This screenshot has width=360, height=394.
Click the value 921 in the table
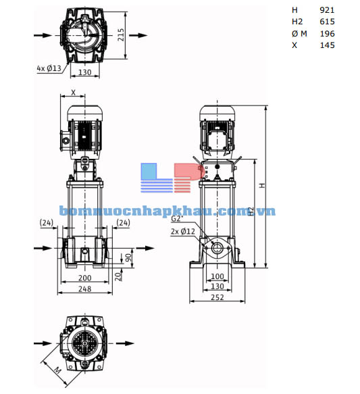tap(327, 10)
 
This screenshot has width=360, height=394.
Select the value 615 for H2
tap(327, 22)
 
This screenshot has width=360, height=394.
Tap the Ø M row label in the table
tap(299, 33)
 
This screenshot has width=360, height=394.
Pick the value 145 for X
tap(327, 45)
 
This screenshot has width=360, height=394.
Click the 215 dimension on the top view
tap(121, 34)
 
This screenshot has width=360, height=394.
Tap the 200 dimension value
tap(84, 278)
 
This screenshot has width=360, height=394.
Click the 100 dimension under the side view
tap(217, 276)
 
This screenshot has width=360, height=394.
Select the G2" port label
tap(177, 219)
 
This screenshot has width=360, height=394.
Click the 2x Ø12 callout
tap(182, 232)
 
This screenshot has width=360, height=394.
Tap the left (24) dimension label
tap(46, 222)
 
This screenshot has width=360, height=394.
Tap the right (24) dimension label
tap(123, 222)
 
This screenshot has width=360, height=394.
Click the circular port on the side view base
tap(217, 249)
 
